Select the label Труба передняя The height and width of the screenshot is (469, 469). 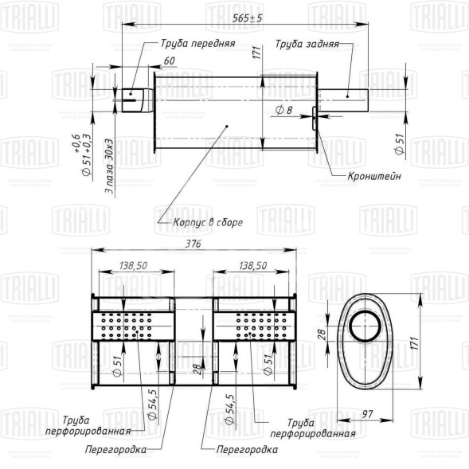(197, 44)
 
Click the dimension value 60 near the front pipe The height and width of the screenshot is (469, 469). (169, 61)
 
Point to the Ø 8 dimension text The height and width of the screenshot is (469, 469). (283, 108)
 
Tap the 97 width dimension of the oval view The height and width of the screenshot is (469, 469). (389, 414)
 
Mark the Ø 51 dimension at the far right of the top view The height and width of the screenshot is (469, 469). (398, 145)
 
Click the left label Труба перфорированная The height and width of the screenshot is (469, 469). (97, 426)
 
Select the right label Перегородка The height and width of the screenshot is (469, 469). (247, 450)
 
